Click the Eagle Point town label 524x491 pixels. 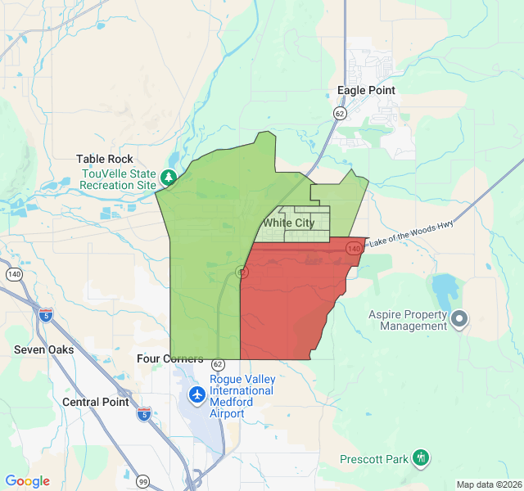coord(366,91)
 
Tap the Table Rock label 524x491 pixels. coord(105,160)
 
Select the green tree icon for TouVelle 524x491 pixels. coord(168,177)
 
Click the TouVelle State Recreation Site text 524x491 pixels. coord(118,179)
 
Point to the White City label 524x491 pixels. coord(288,223)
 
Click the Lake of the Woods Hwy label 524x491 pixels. coord(411,232)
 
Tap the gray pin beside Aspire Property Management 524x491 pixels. coord(459,318)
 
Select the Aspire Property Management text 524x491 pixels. coord(408,320)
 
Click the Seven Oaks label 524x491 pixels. coord(44,349)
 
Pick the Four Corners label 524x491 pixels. coord(170,359)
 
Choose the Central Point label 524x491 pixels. coord(96,402)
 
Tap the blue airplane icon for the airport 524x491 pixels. coord(196,395)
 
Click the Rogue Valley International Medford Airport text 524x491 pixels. coord(242,396)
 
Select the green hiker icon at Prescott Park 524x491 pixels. coord(421,457)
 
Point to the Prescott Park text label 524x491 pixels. coord(374,459)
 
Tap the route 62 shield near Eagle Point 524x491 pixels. coord(339,113)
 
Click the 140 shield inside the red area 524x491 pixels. coord(354,246)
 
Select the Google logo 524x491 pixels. coord(28,482)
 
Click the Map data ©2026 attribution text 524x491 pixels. coord(488,484)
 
